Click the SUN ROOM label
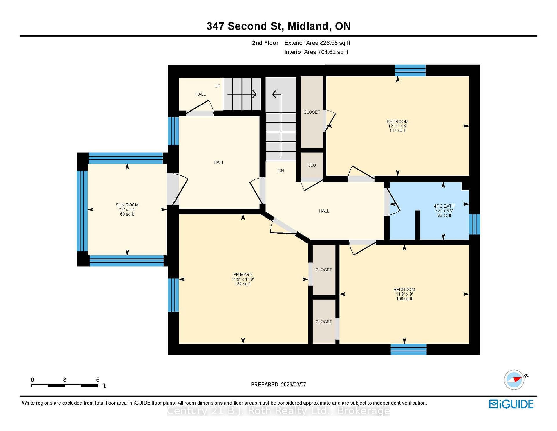pos(127,205)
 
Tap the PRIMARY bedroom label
pos(243,274)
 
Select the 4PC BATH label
pos(444,206)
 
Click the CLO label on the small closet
pos(312,165)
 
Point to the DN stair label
pos(281,170)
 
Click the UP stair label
pos(217,86)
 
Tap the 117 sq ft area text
pos(397,130)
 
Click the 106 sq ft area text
pos(404,299)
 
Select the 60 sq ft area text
pos(127,214)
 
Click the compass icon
pos(514,380)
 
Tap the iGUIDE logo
pos(511,404)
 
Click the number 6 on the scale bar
pos(98,380)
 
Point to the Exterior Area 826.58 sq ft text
pos(317,43)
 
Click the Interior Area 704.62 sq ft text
pos(316,52)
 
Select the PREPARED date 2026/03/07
pos(293,384)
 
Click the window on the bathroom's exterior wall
pos(475,224)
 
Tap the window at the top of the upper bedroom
pos(410,71)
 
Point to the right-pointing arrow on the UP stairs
pos(242,94)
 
